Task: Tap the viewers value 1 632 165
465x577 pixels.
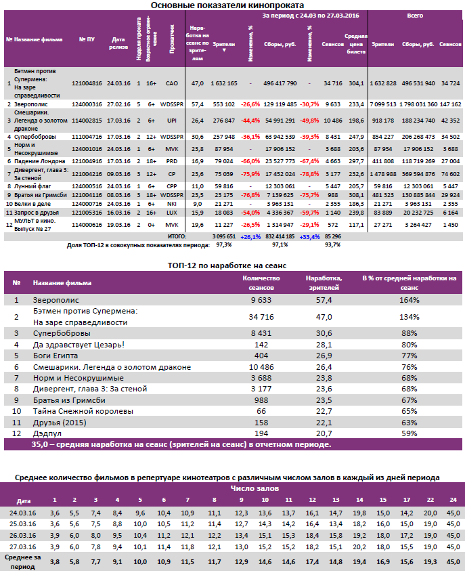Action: pyautogui.click(x=224, y=83)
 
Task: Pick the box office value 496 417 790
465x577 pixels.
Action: pyautogui.click(x=280, y=83)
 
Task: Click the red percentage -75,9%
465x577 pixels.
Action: pyautogui.click(x=250, y=173)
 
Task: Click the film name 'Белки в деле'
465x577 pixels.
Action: pyautogui.click(x=33, y=202)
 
